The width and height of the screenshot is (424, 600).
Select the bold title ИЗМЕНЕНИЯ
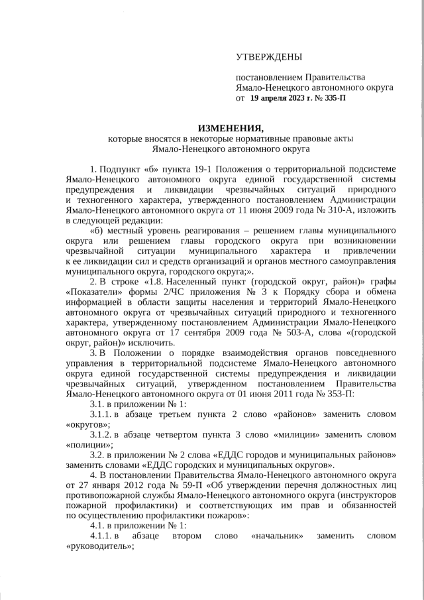(231, 128)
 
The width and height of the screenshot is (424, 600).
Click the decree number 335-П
(332, 97)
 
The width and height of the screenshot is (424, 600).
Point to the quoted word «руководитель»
(99, 546)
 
